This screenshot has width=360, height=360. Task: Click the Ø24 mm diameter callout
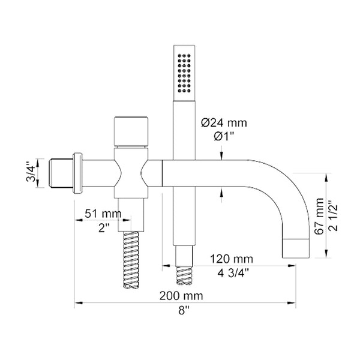[224, 123]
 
